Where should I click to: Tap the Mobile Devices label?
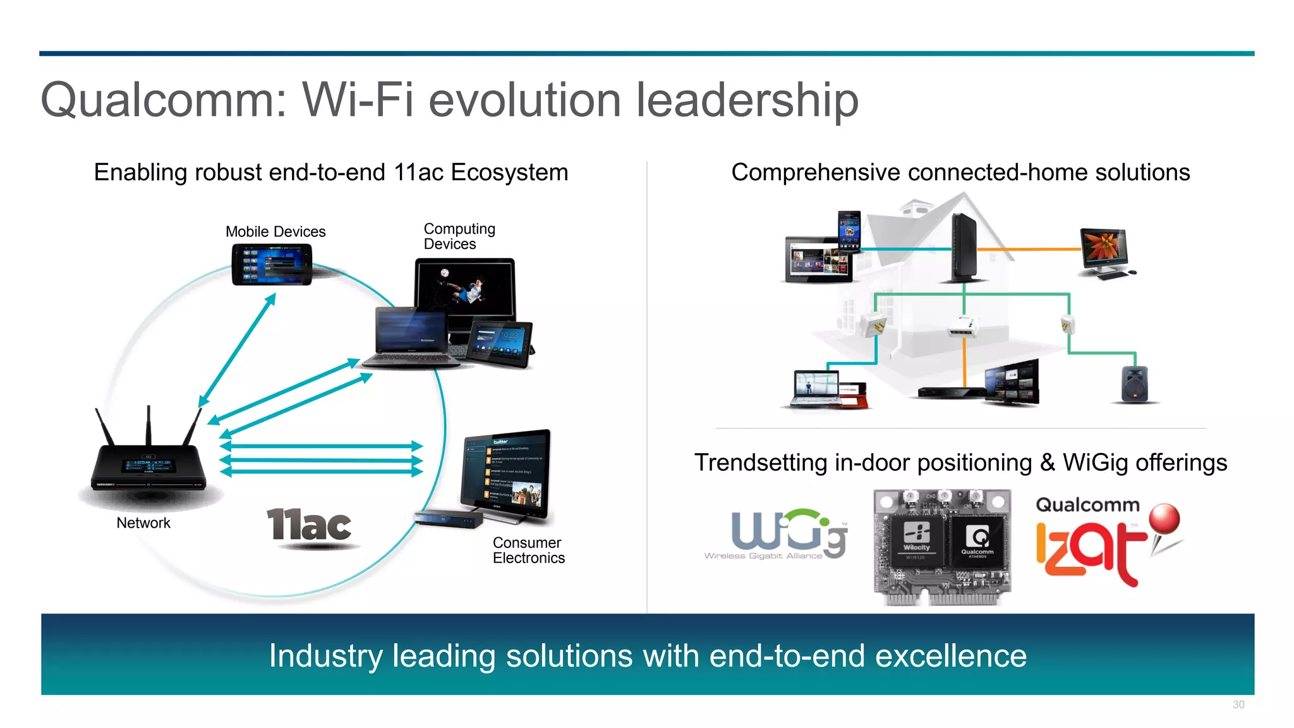coord(275,232)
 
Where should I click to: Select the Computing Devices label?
coord(459,236)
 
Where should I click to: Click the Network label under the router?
coord(143,523)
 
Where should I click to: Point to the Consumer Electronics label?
coord(528,550)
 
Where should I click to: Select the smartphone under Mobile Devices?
coord(272,265)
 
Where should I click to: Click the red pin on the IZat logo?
coord(1164,519)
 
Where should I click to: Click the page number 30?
coord(1238,705)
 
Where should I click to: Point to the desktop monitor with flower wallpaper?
coord(1104,249)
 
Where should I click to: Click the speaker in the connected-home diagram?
coord(1135,384)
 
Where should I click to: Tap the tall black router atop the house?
coord(964,248)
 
